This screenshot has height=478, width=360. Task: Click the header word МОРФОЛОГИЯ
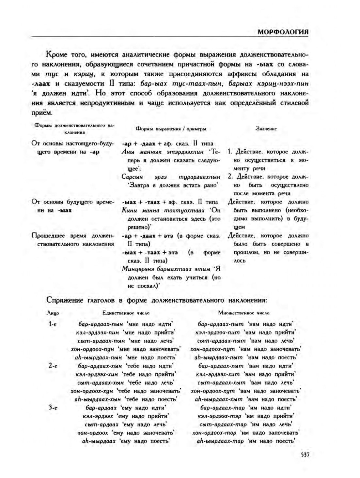[x=283, y=32]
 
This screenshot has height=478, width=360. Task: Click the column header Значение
[x=266, y=129]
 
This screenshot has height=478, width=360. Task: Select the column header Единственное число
[x=126, y=313]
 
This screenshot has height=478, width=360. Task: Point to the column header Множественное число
[x=244, y=313]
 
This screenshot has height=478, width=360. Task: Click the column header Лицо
[x=53, y=313]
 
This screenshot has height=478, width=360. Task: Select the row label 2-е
[x=53, y=366]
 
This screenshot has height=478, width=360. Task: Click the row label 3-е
[x=53, y=408]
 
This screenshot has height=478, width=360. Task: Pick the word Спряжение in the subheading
[x=65, y=300]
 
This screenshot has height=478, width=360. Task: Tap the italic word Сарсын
[x=132, y=177]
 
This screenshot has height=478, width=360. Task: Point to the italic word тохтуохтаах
[x=184, y=211]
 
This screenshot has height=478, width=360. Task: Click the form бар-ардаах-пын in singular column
[x=101, y=324]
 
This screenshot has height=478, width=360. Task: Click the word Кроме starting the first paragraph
[x=56, y=54]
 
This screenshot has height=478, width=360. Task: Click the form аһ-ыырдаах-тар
[x=220, y=441]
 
